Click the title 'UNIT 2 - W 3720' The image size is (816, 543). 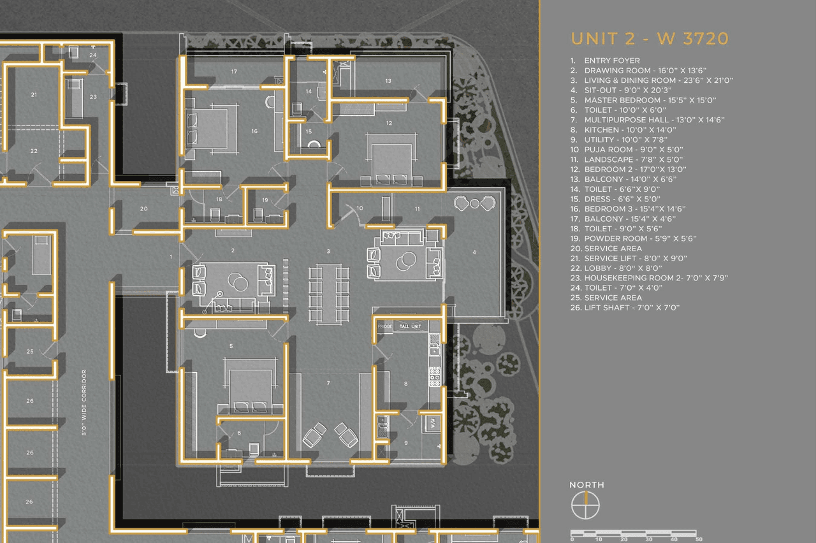pos(649,38)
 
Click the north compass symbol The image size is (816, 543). pos(585,506)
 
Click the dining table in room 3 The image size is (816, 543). pos(329,294)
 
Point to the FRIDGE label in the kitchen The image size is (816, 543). pos(385,326)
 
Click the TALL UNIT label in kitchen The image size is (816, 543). pos(411,326)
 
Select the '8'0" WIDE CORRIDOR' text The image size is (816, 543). pos(84,403)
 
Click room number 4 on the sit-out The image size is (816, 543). pos(474,252)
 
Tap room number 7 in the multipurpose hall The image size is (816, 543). pos(328,383)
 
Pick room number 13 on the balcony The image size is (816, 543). pos(388,81)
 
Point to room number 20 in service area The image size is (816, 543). pos(143,209)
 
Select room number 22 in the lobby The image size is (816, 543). pos(34,151)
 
